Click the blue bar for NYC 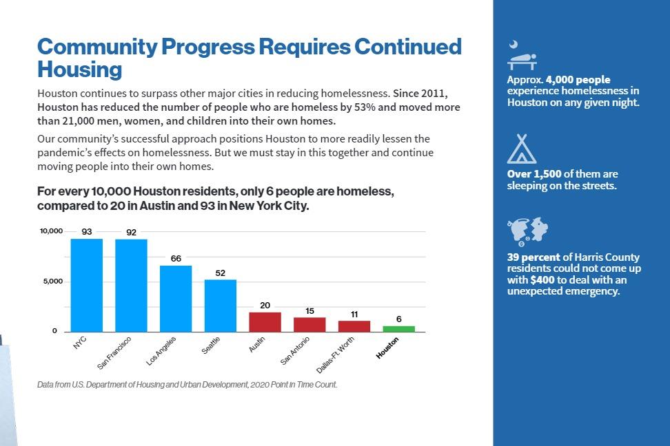[x=87, y=285]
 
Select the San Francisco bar [x=131, y=285]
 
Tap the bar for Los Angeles [x=176, y=299]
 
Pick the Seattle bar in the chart [x=221, y=306]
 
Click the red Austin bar [x=265, y=322]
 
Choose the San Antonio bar [x=309, y=325]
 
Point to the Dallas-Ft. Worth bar [x=354, y=327]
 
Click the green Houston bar [x=399, y=329]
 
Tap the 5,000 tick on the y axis [x=52, y=282]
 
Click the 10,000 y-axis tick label [x=50, y=231]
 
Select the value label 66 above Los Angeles [x=176, y=259]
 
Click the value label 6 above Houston [x=399, y=319]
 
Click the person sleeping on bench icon [x=522, y=57]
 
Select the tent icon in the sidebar [x=521, y=149]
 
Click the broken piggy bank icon [x=527, y=233]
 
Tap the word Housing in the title [x=79, y=70]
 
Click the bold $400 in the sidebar [x=542, y=280]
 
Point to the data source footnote [x=187, y=385]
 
